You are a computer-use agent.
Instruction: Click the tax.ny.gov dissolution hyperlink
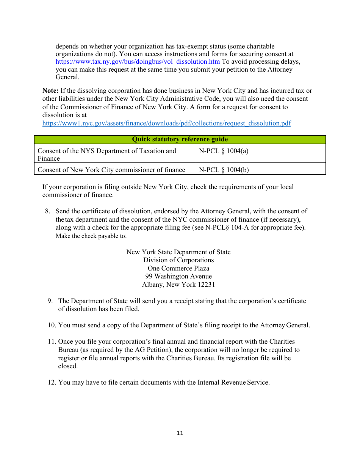pos(138,62)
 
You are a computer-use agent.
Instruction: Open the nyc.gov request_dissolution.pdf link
pos(166,123)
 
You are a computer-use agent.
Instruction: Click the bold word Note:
pos(50,91)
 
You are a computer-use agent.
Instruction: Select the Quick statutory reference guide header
pos(180,139)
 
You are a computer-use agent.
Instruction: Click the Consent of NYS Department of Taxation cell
pos(107,154)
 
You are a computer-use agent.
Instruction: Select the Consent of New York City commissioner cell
pos(111,170)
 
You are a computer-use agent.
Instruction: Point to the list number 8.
pos(47,211)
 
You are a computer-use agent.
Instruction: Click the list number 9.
pos(50,301)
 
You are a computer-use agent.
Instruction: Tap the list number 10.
pos(52,325)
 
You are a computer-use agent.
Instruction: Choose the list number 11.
pos(52,341)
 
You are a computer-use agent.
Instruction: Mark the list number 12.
pos(52,382)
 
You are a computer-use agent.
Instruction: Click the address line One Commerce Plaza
pos(178,268)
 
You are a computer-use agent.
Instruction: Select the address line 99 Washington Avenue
pos(178,276)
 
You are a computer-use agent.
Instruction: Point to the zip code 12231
pos(206,285)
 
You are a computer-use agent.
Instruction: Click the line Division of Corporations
pos(178,260)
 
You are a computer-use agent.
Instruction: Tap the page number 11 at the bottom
pos(180,433)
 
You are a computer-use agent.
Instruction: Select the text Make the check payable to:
pos(91,236)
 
